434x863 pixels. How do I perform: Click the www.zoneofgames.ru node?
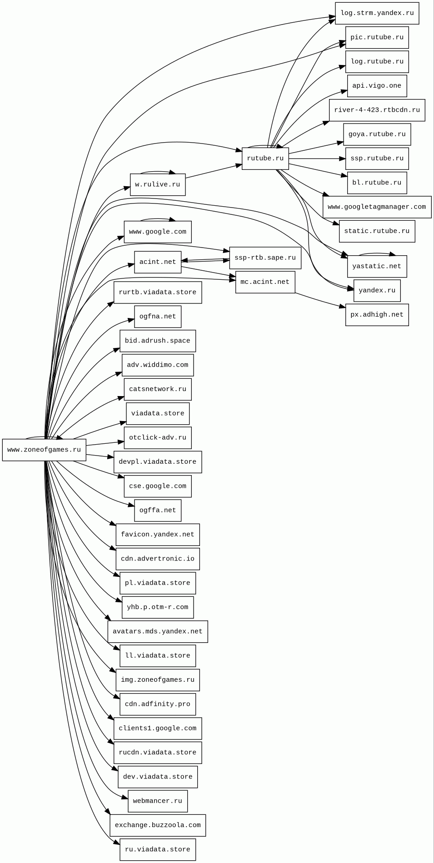[x=44, y=450]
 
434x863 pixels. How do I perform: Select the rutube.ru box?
[x=265, y=159]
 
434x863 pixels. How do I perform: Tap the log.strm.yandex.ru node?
[x=377, y=13]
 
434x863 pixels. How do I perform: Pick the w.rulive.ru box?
[x=157, y=184]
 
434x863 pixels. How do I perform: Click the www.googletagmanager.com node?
[x=377, y=207]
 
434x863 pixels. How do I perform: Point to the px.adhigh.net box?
[x=377, y=315]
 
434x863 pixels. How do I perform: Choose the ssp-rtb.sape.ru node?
[x=265, y=258]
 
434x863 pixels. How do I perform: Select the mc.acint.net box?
[x=265, y=282]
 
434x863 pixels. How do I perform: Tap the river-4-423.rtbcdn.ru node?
[x=377, y=110]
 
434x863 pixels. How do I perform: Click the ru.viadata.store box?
[x=157, y=849]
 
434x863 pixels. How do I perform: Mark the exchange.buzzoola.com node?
[x=157, y=825]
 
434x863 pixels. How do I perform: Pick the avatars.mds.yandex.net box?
[x=157, y=631]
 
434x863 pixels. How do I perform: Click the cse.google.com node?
[x=157, y=486]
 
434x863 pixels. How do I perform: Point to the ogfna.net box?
[x=157, y=317]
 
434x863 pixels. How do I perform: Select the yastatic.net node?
[x=377, y=266]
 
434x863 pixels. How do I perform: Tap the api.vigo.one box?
[x=377, y=86]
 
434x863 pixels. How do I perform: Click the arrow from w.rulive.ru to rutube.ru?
[x=214, y=171]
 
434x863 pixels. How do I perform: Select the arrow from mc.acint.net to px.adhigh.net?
[x=320, y=300]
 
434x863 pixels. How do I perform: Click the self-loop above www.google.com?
[x=158, y=219]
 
